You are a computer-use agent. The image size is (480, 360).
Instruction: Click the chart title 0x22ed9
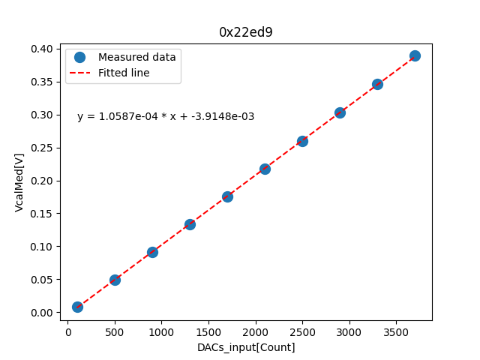[246, 32]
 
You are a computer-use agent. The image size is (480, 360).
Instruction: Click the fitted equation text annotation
[166, 116]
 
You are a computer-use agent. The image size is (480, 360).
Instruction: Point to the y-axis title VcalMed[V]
[19, 182]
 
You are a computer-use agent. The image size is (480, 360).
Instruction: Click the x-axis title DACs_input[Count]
[246, 347]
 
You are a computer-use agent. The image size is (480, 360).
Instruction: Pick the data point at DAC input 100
[77, 307]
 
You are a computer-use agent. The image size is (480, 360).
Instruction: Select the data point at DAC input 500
[115, 280]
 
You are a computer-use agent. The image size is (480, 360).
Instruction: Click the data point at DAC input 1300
[190, 224]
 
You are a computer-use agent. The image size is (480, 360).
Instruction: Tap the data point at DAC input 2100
[265, 169]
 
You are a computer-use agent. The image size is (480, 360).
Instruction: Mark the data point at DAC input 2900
[340, 112]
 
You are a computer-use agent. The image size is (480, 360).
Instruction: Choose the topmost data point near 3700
[415, 55]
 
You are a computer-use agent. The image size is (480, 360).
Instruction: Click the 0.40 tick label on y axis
[42, 49]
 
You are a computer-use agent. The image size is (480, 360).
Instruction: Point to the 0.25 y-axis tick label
[42, 148]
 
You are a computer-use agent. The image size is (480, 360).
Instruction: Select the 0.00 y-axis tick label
[42, 313]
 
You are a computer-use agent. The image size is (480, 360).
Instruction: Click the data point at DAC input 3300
[377, 84]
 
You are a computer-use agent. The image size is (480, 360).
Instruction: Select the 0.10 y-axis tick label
[42, 247]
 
